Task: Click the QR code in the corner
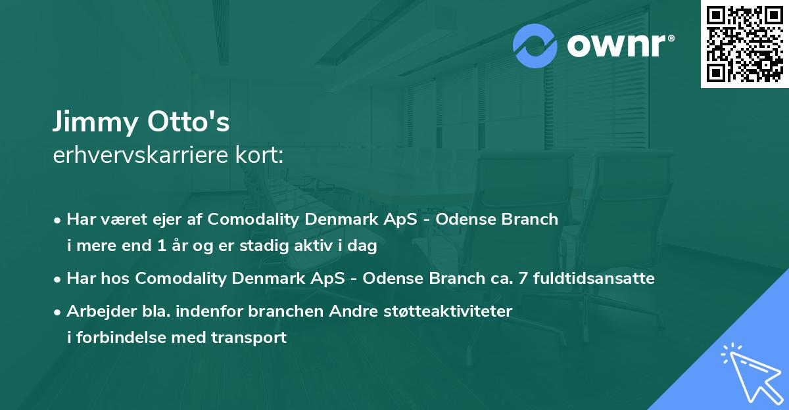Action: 744,43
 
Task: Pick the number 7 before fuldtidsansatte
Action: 523,278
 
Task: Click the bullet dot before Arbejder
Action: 59,311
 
